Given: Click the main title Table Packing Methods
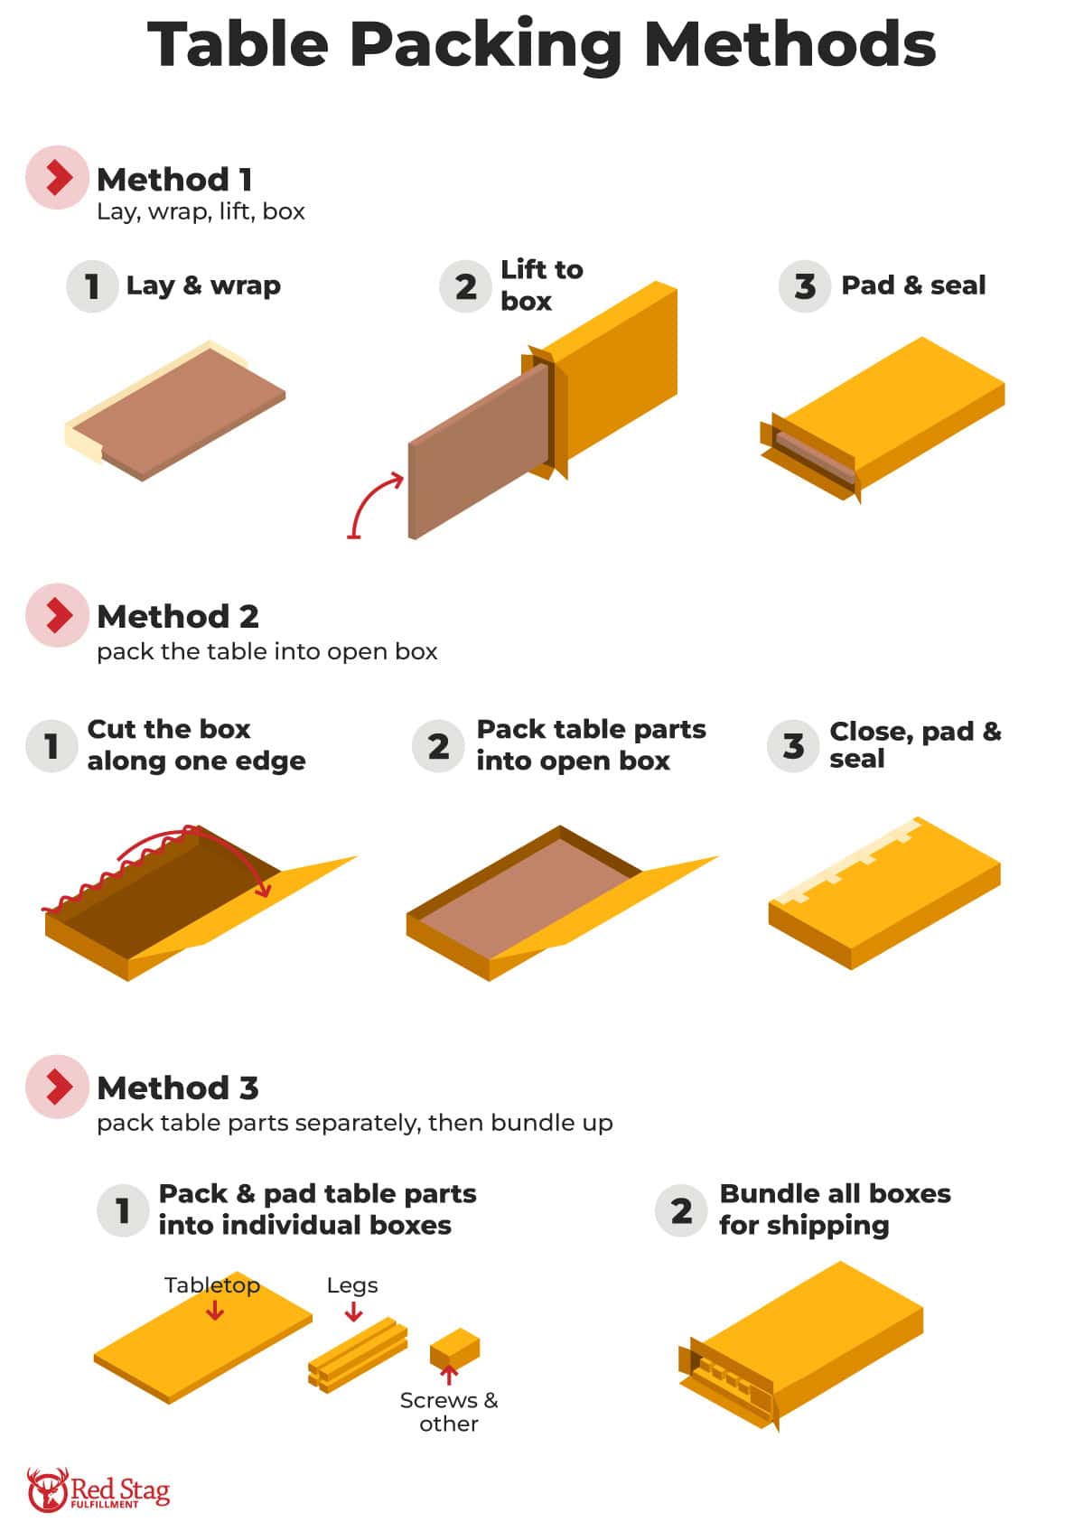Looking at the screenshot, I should pyautogui.click(x=542, y=45).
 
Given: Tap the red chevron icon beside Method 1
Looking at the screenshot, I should pyautogui.click(x=58, y=178).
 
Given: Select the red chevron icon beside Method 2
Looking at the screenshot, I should pyautogui.click(x=58, y=615).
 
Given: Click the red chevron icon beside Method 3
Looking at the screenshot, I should pyautogui.click(x=58, y=1087).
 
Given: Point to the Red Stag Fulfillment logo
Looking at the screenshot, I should pyautogui.click(x=98, y=1489).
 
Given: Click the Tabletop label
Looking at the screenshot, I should pyautogui.click(x=211, y=1284).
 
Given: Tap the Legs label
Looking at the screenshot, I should pyautogui.click(x=352, y=1284).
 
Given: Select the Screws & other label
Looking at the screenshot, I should pyautogui.click(x=449, y=1411).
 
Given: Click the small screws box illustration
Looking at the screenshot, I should pyautogui.click(x=454, y=1348).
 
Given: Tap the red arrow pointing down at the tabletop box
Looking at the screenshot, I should pyautogui.click(x=214, y=1310).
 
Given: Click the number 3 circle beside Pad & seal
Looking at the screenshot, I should pyautogui.click(x=804, y=286).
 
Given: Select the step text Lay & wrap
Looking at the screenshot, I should pyautogui.click(x=203, y=285).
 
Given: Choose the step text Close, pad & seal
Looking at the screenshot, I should pyautogui.click(x=914, y=744).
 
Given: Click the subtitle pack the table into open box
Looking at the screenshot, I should pyautogui.click(x=266, y=651).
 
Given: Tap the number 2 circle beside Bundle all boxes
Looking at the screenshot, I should pyautogui.click(x=681, y=1210).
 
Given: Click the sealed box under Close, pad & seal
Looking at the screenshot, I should pyautogui.click(x=885, y=894).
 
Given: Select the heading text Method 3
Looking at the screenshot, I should pyautogui.click(x=178, y=1088).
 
